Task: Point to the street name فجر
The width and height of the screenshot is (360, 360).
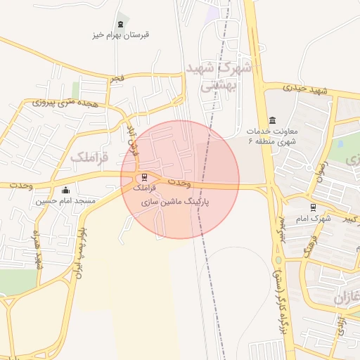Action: tap(117, 79)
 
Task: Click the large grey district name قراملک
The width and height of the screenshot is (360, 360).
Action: tap(90, 158)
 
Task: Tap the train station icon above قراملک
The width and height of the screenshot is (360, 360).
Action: tap(144, 177)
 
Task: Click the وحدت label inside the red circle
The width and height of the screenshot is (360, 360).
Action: tap(180, 183)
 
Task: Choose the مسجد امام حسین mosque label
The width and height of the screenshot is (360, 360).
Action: tap(66, 201)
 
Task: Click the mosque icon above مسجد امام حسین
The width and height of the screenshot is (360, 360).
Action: tap(66, 190)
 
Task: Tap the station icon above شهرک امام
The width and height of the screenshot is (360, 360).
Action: tap(313, 207)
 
